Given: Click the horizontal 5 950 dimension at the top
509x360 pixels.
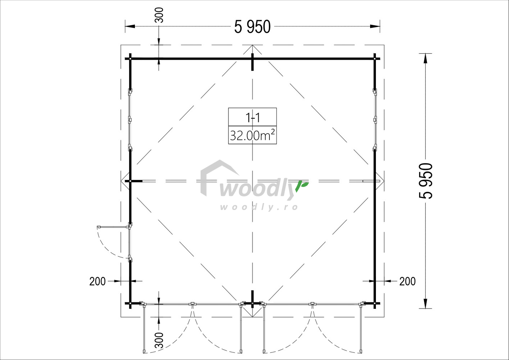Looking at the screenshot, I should tap(252, 27).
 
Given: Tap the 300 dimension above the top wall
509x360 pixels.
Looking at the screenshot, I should tap(159, 15).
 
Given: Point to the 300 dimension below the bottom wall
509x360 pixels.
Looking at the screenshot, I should tap(159, 340).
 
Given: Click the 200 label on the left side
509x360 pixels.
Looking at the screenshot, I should tap(97, 281).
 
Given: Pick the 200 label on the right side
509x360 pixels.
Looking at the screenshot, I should tap(407, 281).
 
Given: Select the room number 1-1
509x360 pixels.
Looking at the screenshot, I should tap(253, 117).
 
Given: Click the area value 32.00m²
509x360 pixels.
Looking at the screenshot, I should tap(253, 135).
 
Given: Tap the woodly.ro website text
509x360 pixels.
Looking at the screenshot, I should tap(259, 207).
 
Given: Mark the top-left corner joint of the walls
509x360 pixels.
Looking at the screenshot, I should tap(130, 58).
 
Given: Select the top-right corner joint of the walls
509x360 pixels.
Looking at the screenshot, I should tap(375, 58).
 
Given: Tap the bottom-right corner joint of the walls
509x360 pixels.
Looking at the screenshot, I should tap(375, 303).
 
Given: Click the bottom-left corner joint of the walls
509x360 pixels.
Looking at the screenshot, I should tap(130, 303).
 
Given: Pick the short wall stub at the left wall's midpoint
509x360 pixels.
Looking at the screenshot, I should tap(136, 181).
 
